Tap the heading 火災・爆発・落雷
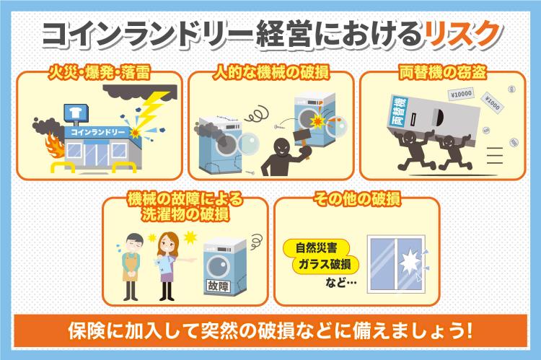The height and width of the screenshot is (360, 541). coord(94,74)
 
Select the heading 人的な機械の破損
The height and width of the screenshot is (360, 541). coord(270,74)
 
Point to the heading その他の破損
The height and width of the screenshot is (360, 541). coord(356,197)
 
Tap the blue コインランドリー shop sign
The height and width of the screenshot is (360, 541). coord(96,133)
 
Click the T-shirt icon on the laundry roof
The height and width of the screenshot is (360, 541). coord(71,113)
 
